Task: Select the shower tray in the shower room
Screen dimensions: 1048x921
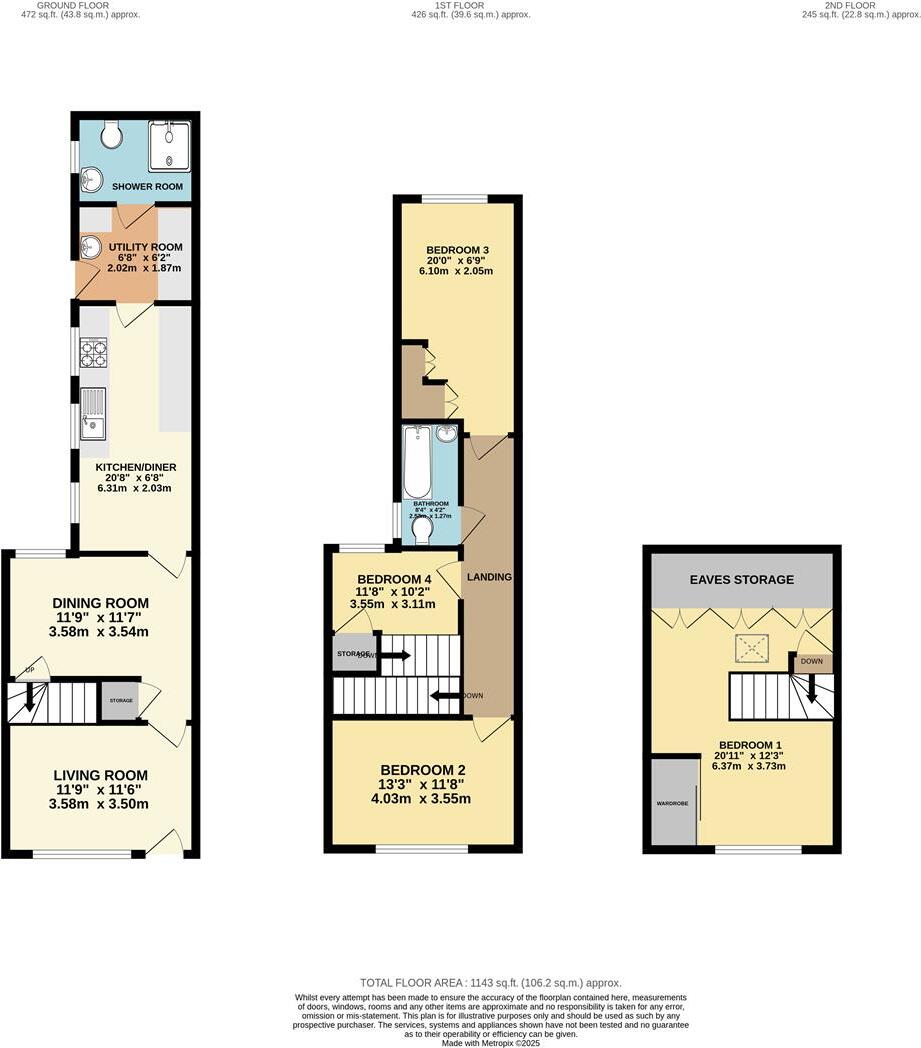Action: click(171, 145)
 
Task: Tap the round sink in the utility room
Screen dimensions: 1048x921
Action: click(90, 246)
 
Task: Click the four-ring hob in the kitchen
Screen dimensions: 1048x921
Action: click(94, 354)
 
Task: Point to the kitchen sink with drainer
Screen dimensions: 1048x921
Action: click(94, 414)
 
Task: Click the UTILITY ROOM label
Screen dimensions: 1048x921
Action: click(146, 246)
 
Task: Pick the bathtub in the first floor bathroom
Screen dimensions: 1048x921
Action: click(418, 463)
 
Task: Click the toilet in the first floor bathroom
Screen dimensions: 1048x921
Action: click(422, 526)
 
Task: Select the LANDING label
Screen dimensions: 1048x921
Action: click(489, 577)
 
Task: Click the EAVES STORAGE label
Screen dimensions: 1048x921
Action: click(741, 579)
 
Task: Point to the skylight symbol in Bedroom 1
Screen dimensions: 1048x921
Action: click(747, 649)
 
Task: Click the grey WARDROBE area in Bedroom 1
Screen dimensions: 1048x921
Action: click(674, 802)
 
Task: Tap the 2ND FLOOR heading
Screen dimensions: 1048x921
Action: click(850, 5)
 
